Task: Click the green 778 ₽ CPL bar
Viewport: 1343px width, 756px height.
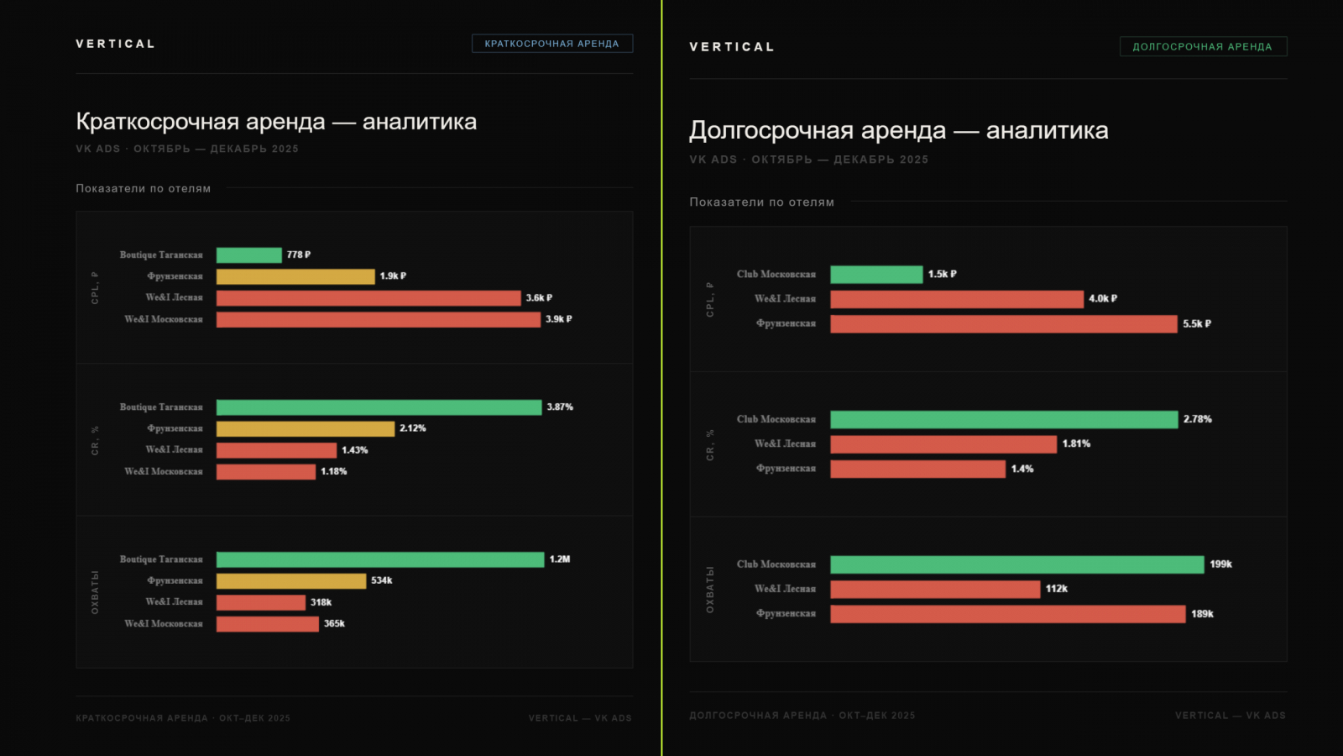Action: coord(248,255)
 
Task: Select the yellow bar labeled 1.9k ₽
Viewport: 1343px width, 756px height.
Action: coord(295,276)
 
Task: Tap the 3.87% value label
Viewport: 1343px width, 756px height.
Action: coord(560,407)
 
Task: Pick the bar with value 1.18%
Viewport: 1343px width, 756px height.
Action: coord(265,472)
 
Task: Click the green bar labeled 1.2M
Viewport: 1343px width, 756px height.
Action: coord(379,559)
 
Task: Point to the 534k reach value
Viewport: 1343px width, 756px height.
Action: coord(381,580)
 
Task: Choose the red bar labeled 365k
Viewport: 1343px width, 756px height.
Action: coord(267,624)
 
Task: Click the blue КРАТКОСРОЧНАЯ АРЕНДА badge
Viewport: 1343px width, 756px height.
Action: coord(551,44)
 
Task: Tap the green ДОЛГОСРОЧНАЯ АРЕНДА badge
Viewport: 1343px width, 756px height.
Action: coord(1202,47)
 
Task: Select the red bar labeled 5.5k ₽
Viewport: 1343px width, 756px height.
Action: coord(1003,324)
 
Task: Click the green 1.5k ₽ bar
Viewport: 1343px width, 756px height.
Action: coord(875,275)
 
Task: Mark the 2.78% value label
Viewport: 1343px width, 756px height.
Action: coord(1197,419)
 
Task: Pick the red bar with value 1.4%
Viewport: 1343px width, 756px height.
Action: coord(917,469)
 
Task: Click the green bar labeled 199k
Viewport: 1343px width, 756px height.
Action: coord(1016,564)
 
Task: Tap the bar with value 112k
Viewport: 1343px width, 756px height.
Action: coord(935,590)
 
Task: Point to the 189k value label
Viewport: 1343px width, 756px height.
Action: coord(1202,614)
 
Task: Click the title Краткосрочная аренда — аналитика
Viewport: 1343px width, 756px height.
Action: coord(276,122)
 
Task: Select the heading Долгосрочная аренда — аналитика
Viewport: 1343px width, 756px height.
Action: coord(898,131)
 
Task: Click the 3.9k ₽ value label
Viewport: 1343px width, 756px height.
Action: coord(558,319)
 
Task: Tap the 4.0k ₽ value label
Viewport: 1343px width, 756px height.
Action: coord(1102,299)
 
